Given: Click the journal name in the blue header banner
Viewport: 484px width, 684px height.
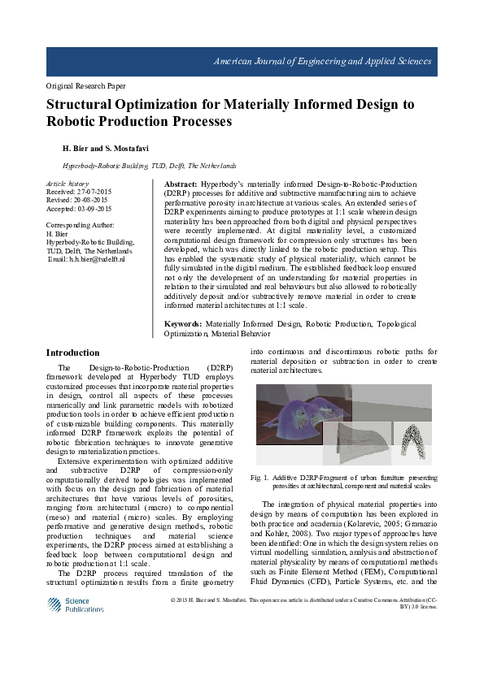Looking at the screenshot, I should click(322, 62).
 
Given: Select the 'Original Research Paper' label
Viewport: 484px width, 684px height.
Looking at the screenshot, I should click(85, 85).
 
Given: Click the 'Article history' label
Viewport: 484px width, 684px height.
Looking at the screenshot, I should click(68, 184).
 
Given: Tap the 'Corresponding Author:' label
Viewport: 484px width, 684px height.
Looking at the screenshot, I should click(81, 223).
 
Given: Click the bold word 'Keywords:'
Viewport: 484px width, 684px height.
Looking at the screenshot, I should click(183, 324).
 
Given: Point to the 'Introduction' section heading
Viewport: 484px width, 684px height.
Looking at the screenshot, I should click(72, 353).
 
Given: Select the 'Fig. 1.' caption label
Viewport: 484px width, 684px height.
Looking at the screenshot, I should click(264, 478).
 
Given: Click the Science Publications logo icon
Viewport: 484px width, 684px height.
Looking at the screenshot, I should click(54, 605).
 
